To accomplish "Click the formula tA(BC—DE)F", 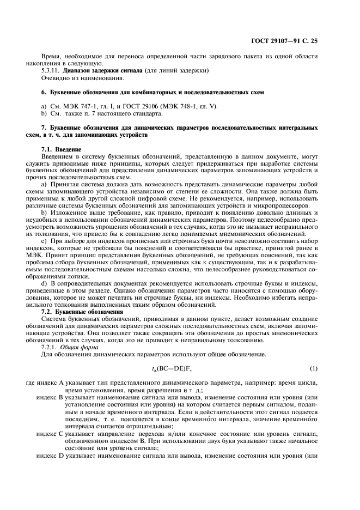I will point(173,369).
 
